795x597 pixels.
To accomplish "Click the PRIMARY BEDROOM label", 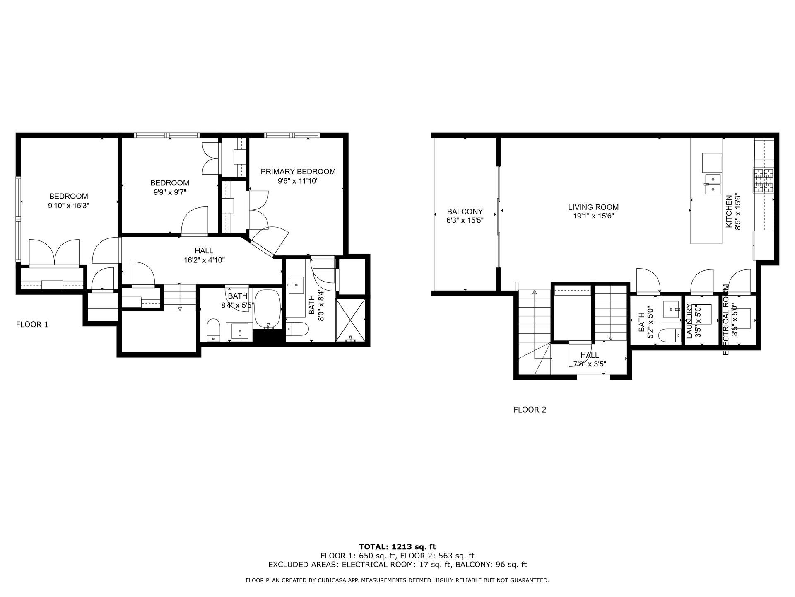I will pyautogui.click(x=298, y=172).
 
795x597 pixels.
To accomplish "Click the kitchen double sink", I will pyautogui.click(x=713, y=184).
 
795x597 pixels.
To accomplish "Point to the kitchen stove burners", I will pyautogui.click(x=763, y=180).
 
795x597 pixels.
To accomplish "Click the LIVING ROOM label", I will pyautogui.click(x=593, y=207).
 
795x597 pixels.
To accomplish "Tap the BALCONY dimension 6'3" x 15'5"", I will pyautogui.click(x=465, y=221).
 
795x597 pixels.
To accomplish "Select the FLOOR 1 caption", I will pyautogui.click(x=32, y=325).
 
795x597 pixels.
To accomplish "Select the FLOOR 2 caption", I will pyautogui.click(x=530, y=410).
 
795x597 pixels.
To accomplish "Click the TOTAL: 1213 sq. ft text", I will pyautogui.click(x=397, y=547).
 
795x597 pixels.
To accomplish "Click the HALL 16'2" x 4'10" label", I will pyautogui.click(x=204, y=255).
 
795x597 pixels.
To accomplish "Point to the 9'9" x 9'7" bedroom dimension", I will pyautogui.click(x=169, y=192).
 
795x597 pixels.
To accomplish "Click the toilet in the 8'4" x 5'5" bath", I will pyautogui.click(x=213, y=330).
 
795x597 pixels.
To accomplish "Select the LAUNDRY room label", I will pyautogui.click(x=689, y=321).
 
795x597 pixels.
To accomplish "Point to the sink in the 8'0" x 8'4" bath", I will pyautogui.click(x=296, y=285).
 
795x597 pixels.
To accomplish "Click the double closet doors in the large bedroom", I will pyautogui.click(x=54, y=252).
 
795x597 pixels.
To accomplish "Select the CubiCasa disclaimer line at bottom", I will pyautogui.click(x=397, y=580).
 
